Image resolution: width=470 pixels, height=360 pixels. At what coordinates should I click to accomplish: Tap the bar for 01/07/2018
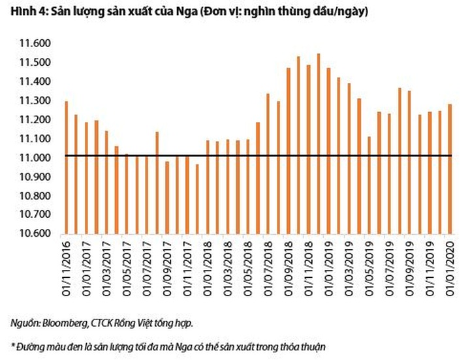(268, 164)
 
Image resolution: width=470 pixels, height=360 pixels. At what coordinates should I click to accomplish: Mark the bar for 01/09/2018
(288, 151)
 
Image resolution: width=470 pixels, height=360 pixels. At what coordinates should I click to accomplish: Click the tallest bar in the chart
(319, 143)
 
